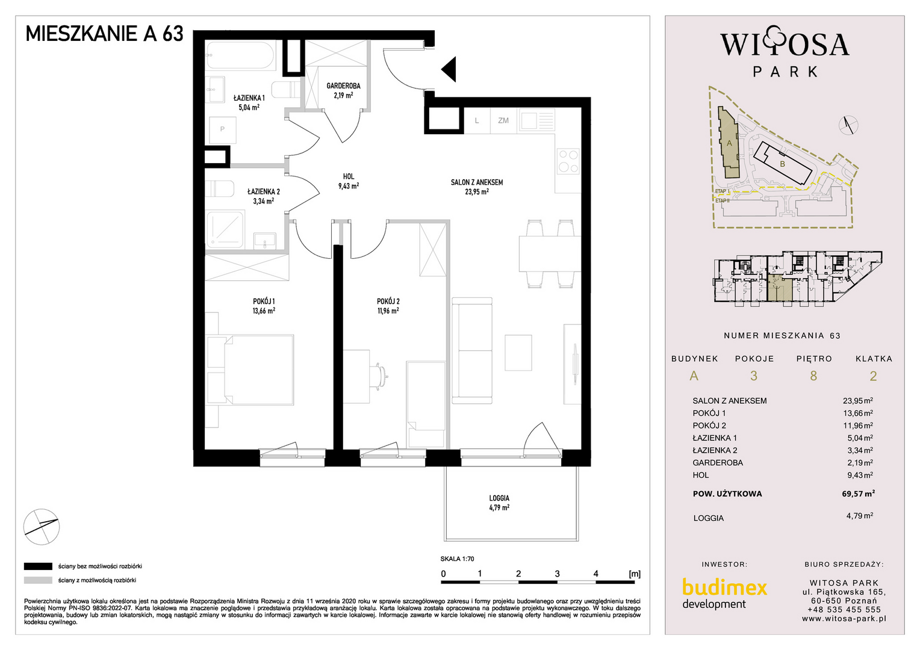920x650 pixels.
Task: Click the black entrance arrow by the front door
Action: pos(450,69)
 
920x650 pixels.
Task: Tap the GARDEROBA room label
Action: pos(343,86)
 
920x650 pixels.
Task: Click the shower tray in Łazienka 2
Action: pos(225,229)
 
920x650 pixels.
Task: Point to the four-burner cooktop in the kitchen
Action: pos(568,161)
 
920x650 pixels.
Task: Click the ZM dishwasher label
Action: pos(503,120)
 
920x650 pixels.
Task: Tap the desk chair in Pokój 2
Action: pos(380,376)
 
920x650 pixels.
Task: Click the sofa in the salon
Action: pos(472,351)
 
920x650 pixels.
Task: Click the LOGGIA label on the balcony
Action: pos(499,498)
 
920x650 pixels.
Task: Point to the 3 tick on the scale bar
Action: pos(558,574)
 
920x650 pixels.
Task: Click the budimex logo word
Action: pos(724,587)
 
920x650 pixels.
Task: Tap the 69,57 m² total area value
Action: pos(859,494)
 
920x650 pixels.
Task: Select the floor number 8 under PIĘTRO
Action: pos(813,376)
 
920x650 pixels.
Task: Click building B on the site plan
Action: pos(783,164)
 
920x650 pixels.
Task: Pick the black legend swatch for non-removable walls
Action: pos(38,566)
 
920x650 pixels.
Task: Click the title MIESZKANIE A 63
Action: pos(104,34)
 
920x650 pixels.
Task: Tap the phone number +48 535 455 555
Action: pos(844,610)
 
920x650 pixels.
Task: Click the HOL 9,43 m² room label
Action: pos(348,181)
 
